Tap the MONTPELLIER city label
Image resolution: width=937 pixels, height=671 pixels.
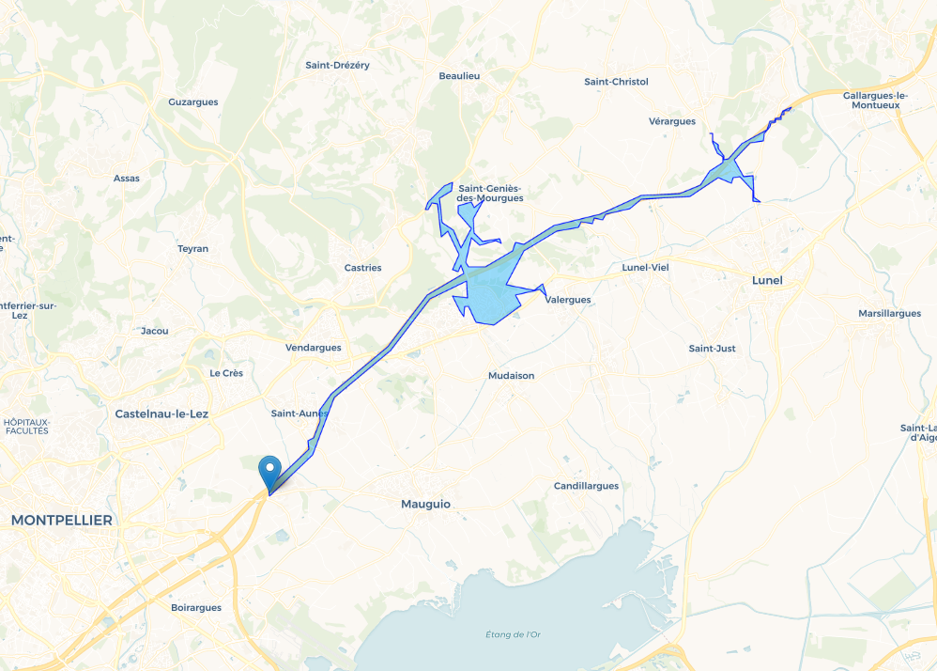coord(62,520)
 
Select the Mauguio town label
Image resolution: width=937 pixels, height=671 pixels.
coord(425,504)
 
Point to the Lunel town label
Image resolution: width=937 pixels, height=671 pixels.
coord(767,280)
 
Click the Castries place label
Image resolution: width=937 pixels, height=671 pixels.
coord(362,268)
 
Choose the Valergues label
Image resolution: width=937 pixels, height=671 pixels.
coord(568,300)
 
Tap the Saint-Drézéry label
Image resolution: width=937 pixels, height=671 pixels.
coord(337,65)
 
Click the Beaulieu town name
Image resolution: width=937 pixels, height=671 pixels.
coord(459,75)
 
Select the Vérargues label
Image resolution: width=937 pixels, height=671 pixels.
coord(671,121)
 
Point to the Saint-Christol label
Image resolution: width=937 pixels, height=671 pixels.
coord(616,82)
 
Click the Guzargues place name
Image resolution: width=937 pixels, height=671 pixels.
coord(192,101)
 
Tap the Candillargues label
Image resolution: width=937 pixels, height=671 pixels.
coord(586,486)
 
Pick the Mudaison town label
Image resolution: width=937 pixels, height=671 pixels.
coord(511,375)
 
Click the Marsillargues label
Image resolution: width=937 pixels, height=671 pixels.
coord(889,313)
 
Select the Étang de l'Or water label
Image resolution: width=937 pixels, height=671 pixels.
coord(514,634)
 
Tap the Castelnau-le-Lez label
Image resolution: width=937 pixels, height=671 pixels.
coord(161,414)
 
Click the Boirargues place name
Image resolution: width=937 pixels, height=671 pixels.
coord(196,607)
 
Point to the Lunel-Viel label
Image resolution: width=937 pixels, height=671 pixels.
coord(645,268)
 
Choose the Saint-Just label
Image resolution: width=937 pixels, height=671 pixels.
coord(712,349)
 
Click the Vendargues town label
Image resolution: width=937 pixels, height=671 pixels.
coord(313,347)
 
